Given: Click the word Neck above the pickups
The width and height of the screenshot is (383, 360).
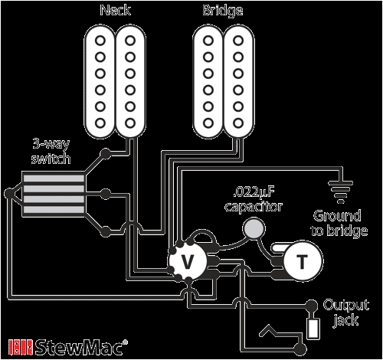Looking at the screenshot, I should pos(116,11).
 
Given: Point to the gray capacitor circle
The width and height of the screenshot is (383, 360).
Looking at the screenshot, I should pos(252,227).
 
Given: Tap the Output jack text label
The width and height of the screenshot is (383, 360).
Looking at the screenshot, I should pos(340,310).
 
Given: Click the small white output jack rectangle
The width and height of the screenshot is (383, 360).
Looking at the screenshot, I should pos(314,330).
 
